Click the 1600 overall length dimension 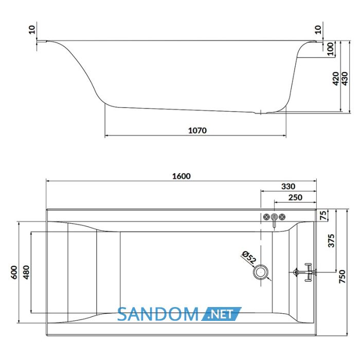tap(182, 176)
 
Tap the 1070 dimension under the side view tap(197, 131)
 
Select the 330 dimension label tap(288, 186)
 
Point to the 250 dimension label tap(295, 197)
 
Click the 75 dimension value tap(323, 215)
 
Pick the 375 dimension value tap(331, 241)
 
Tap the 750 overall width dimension tap(342, 277)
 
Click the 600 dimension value tap(14, 272)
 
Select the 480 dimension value tap(26, 272)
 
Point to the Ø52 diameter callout tap(248, 257)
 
